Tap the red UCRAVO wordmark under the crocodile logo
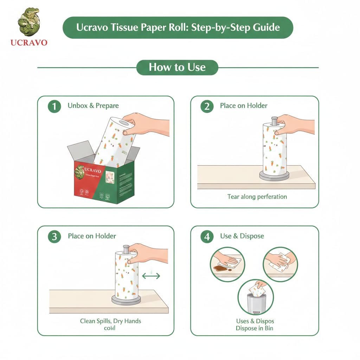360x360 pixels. click(29, 43)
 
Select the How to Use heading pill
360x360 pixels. click(177, 67)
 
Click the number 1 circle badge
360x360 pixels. click(54, 106)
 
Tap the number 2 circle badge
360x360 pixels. click(207, 106)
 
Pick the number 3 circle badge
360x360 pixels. click(54, 237)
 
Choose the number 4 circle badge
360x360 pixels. click(207, 237)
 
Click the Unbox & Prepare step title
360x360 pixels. click(93, 106)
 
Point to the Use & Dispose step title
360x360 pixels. click(242, 236)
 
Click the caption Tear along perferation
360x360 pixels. click(257, 197)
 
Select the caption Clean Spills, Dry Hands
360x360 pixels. click(111, 321)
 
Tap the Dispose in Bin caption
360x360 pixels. click(254, 328)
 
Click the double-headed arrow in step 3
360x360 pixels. click(151, 276)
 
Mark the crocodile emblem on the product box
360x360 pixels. click(80, 172)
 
